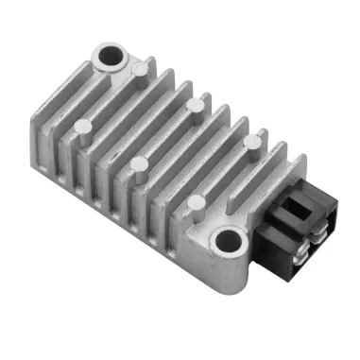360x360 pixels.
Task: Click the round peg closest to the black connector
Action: (250, 142)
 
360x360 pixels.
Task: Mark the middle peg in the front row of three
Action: (139, 163)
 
